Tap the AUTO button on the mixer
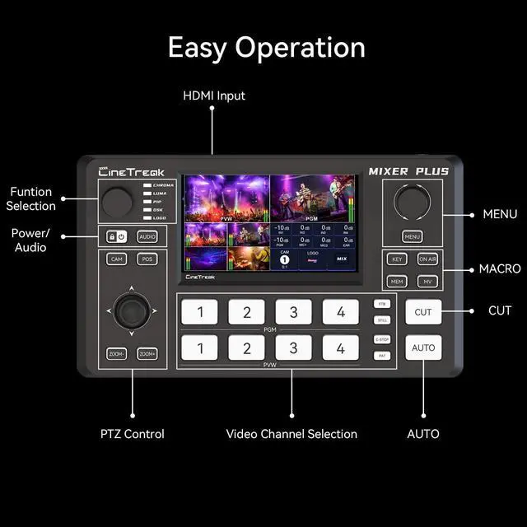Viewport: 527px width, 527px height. tap(423, 347)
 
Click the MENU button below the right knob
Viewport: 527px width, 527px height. tap(413, 237)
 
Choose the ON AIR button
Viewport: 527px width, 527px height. tap(427, 259)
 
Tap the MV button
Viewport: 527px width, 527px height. tap(427, 282)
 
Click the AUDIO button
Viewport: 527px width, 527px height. tap(147, 236)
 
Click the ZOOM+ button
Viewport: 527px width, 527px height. tap(147, 354)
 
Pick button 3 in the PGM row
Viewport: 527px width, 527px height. tap(293, 312)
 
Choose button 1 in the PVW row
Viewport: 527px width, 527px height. tap(200, 348)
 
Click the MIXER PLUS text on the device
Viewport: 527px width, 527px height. tap(408, 172)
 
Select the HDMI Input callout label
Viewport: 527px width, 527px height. tap(214, 96)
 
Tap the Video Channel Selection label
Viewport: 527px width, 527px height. tap(291, 434)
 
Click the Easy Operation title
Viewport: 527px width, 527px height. tap(267, 47)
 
